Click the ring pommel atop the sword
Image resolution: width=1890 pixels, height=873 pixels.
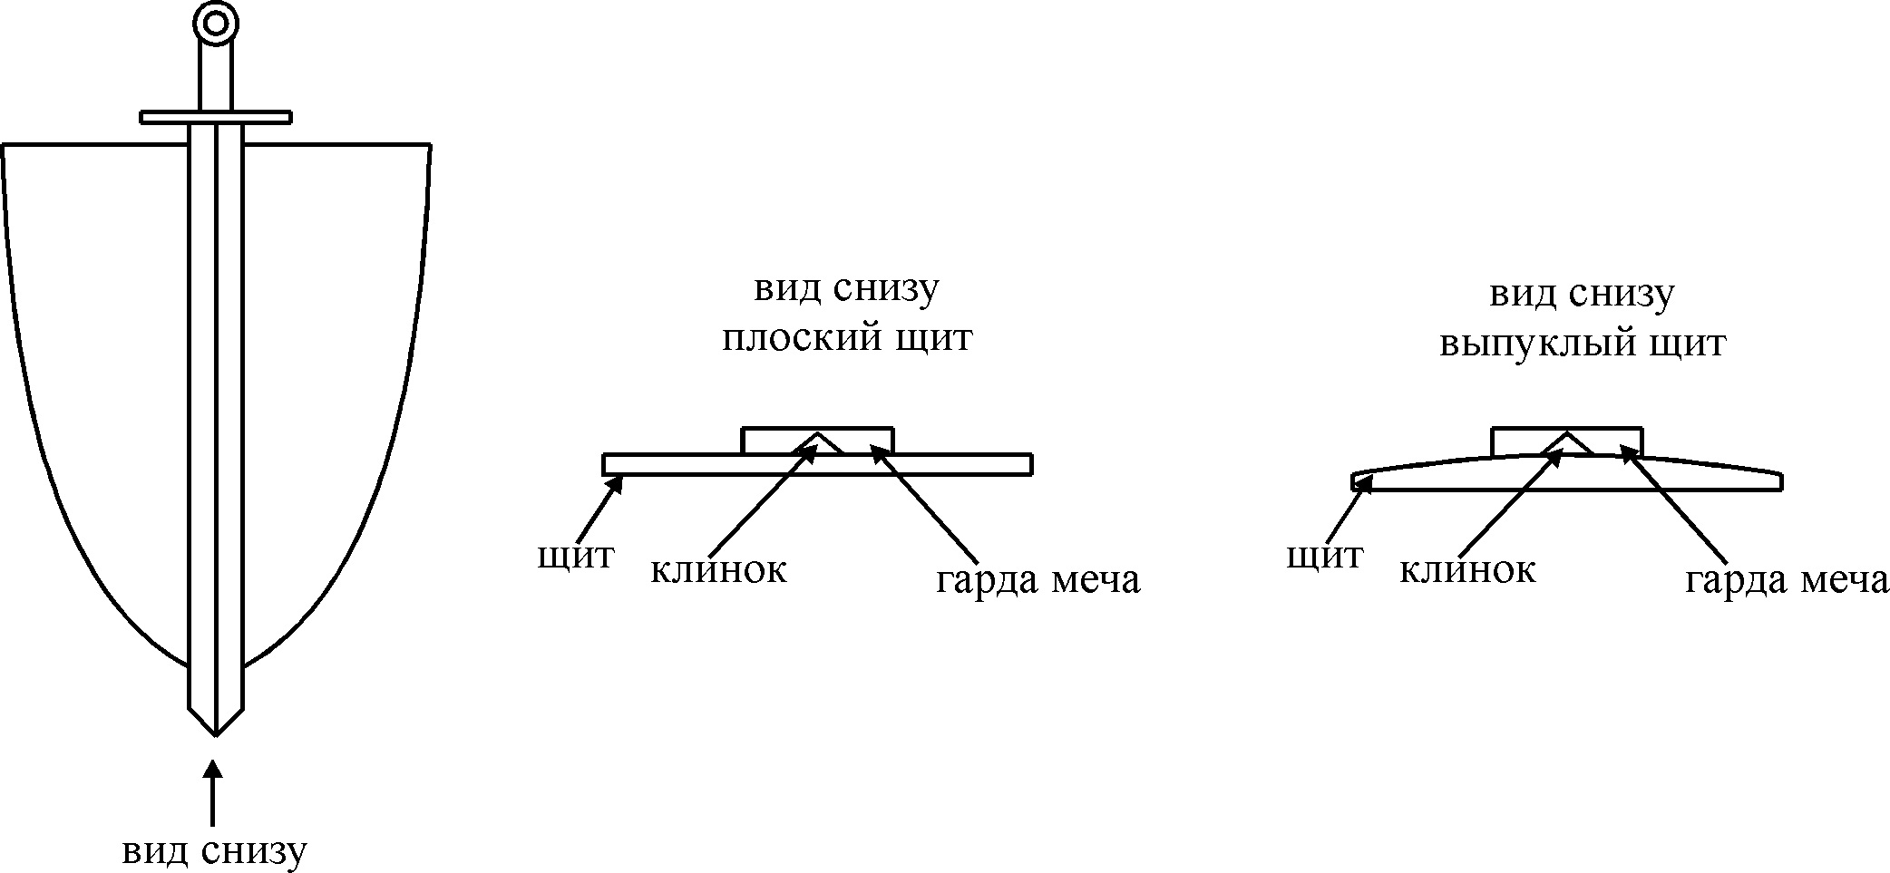(215, 23)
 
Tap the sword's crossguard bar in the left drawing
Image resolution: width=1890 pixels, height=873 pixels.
(215, 117)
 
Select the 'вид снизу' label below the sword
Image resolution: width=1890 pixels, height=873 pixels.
(215, 851)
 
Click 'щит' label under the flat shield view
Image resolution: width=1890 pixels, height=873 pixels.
(575, 555)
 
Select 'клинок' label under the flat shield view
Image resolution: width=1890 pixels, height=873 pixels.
(718, 569)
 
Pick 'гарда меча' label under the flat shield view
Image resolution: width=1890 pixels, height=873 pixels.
(1038, 579)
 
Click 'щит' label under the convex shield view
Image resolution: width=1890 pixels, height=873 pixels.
(1324, 555)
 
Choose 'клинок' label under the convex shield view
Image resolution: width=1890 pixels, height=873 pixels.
(1467, 569)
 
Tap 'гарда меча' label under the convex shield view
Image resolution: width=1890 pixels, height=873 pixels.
(1787, 579)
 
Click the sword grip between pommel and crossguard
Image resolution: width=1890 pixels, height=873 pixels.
(215, 77)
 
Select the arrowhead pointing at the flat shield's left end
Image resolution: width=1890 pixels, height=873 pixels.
(616, 482)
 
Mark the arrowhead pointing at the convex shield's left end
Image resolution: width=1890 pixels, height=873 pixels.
(1363, 484)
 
